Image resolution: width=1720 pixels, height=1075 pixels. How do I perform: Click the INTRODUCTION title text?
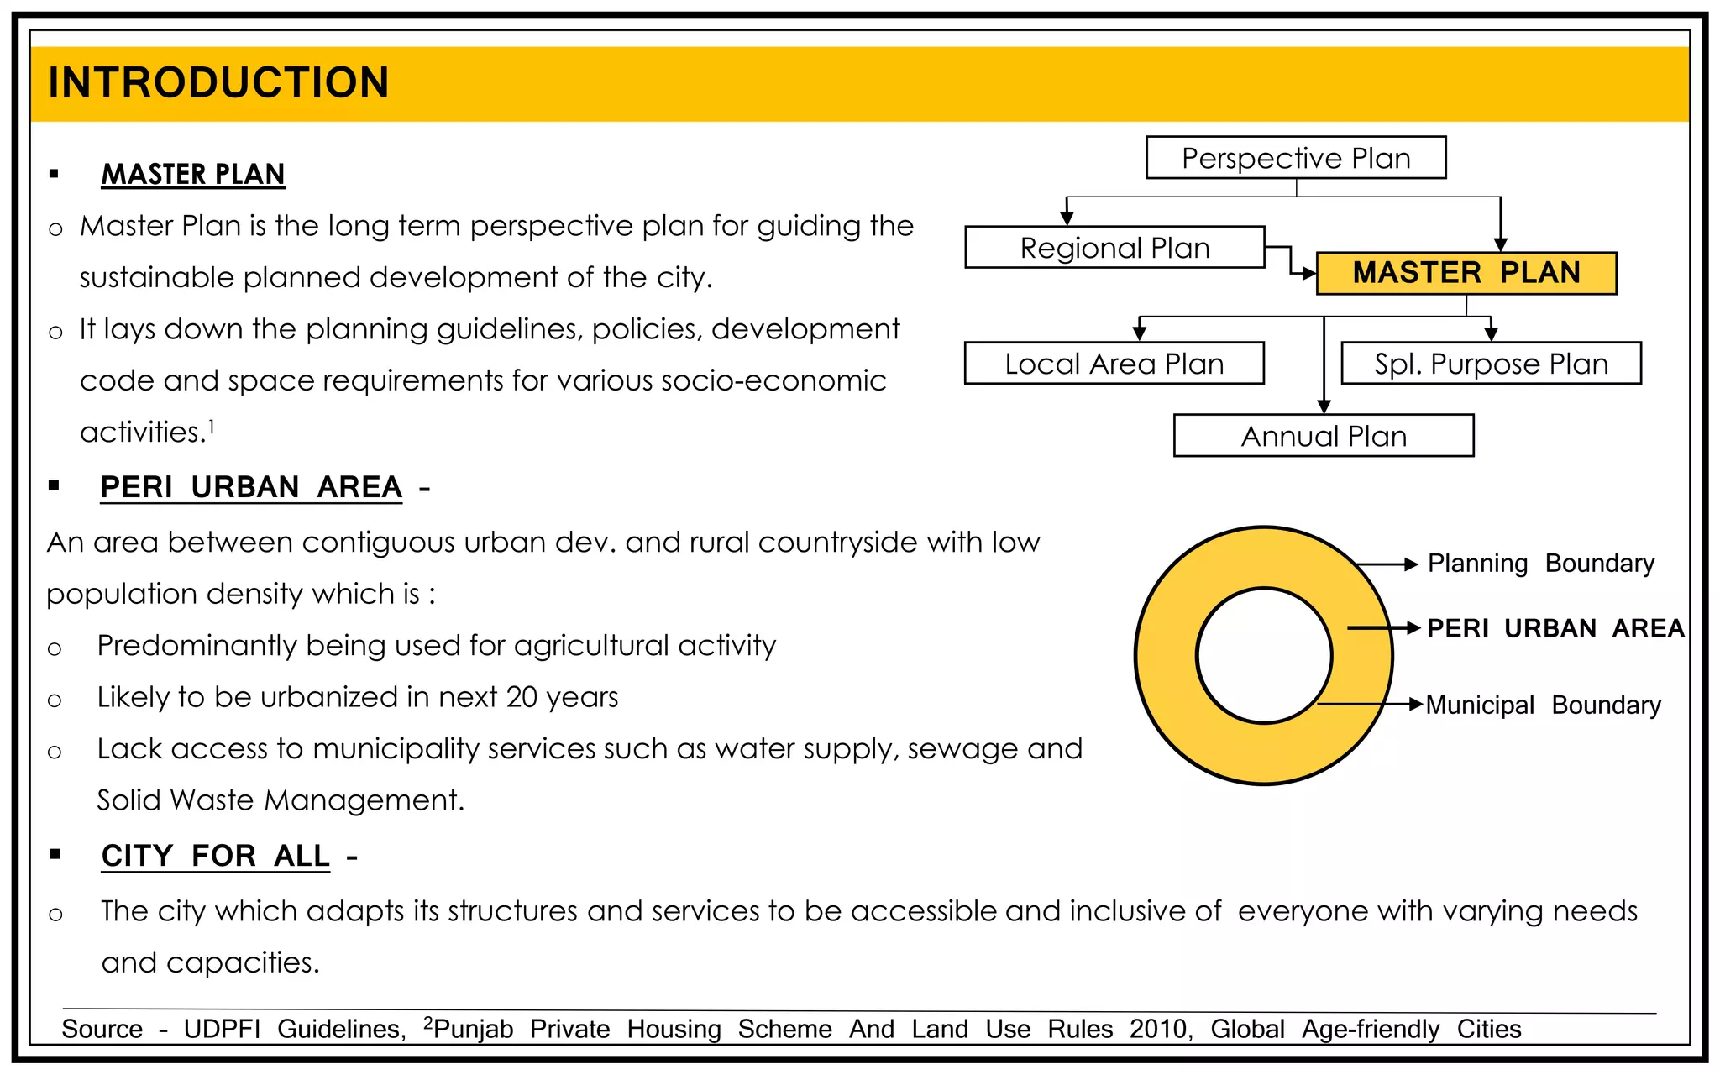[x=218, y=82]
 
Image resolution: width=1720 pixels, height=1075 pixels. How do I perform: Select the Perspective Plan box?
[x=1295, y=158]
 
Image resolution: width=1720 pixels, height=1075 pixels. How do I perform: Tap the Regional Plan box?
[x=1114, y=248]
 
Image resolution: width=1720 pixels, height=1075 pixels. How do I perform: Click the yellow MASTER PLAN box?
[x=1466, y=273]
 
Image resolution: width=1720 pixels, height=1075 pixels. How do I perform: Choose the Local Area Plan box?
[x=1114, y=364]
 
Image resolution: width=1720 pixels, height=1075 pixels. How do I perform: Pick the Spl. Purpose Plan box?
[x=1491, y=364]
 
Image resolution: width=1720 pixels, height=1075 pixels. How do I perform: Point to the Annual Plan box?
[x=1324, y=436]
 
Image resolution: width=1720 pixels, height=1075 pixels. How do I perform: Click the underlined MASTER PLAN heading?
[x=193, y=174]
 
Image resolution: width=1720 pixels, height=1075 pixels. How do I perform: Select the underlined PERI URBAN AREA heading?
[x=251, y=487]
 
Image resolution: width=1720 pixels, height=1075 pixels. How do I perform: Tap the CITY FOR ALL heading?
[x=215, y=856]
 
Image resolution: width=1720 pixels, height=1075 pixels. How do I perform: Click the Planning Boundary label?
[x=1540, y=563]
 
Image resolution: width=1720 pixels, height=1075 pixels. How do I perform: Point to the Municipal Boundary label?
[x=1543, y=705]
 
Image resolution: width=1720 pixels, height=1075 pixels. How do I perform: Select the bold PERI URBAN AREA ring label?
[x=1555, y=628]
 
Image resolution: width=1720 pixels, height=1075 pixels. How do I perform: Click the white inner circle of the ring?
[x=1264, y=655]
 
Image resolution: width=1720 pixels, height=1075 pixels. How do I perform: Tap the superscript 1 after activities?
[x=212, y=427]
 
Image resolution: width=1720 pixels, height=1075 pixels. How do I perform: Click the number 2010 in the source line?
[x=1160, y=1029]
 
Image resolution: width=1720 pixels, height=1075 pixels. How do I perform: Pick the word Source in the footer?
[x=102, y=1029]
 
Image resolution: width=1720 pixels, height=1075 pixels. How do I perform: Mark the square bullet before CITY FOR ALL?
[x=55, y=854]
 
